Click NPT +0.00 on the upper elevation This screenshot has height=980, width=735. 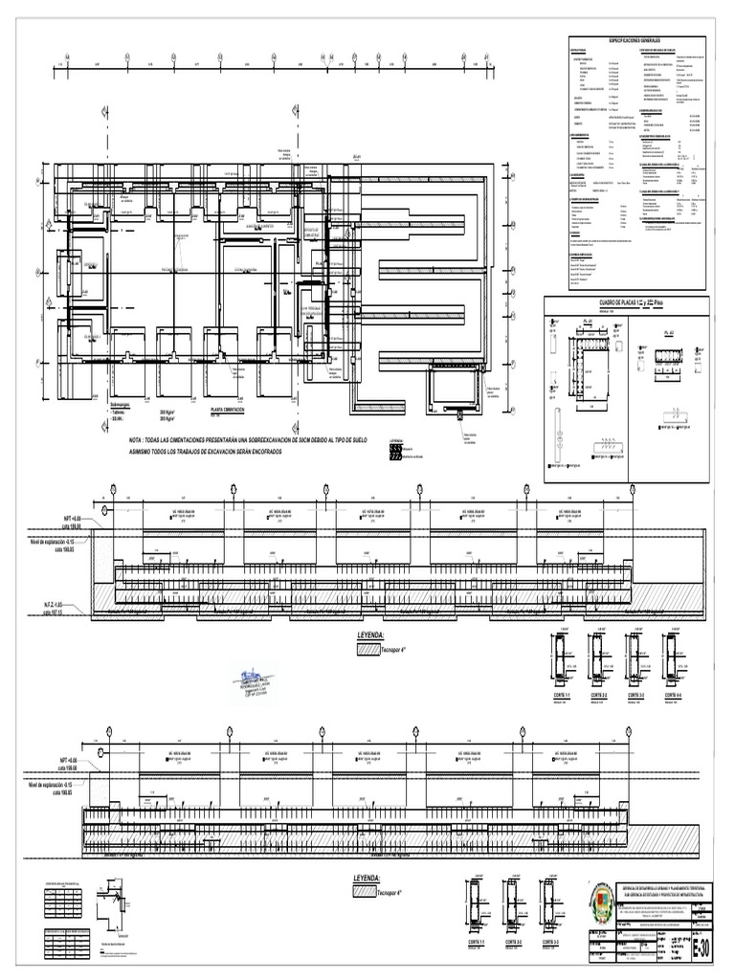[67, 518]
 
